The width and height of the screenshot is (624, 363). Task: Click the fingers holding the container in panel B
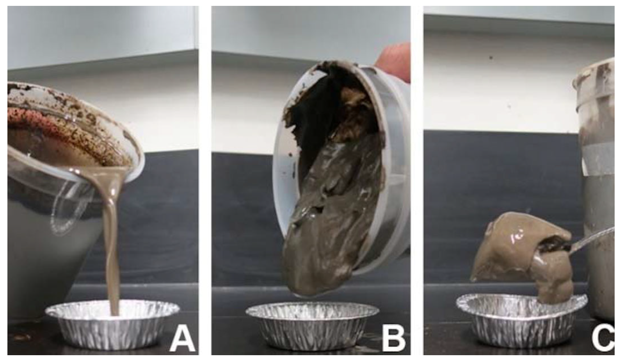[x=396, y=61]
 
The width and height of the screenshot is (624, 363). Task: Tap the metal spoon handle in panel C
[x=590, y=240]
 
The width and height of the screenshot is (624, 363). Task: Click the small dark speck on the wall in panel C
[x=491, y=58]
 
